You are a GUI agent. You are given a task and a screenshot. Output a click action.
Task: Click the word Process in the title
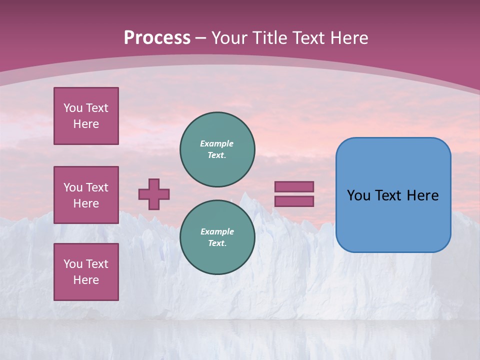click(157, 38)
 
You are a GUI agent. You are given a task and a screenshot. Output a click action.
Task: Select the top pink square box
click(86, 116)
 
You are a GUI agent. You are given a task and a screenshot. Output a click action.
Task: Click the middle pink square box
click(86, 195)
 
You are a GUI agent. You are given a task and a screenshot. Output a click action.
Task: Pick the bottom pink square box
click(86, 272)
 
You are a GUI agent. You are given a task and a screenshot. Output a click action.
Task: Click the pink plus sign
click(154, 194)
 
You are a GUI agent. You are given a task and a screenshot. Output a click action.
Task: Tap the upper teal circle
click(217, 149)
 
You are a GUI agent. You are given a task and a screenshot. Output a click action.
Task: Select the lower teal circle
click(217, 237)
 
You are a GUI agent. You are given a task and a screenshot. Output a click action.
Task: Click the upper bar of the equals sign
click(294, 186)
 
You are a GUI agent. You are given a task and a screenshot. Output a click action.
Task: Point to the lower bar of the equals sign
click(294, 201)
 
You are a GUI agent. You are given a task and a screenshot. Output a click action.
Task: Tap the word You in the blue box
click(359, 195)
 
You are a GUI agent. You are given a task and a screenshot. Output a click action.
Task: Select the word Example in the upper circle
click(216, 143)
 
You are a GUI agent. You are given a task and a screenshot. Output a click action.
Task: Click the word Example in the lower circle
click(217, 231)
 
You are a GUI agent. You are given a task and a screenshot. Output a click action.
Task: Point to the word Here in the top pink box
click(86, 124)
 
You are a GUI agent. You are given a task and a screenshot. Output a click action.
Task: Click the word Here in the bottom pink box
click(86, 280)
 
